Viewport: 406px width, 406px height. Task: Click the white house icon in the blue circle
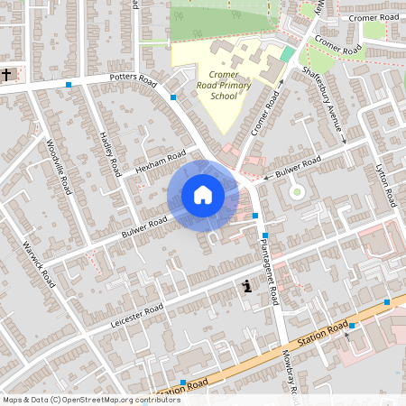(x=203, y=195)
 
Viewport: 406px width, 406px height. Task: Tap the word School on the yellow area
(x=224, y=95)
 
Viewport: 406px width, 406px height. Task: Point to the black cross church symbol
(x=7, y=73)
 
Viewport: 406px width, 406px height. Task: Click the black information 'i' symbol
(x=246, y=287)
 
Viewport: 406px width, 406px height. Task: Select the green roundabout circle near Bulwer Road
(x=296, y=191)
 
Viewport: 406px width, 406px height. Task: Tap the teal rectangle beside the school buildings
(x=287, y=54)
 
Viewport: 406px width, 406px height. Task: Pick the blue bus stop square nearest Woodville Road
(x=69, y=86)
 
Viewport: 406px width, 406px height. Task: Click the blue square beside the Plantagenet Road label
(x=264, y=235)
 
